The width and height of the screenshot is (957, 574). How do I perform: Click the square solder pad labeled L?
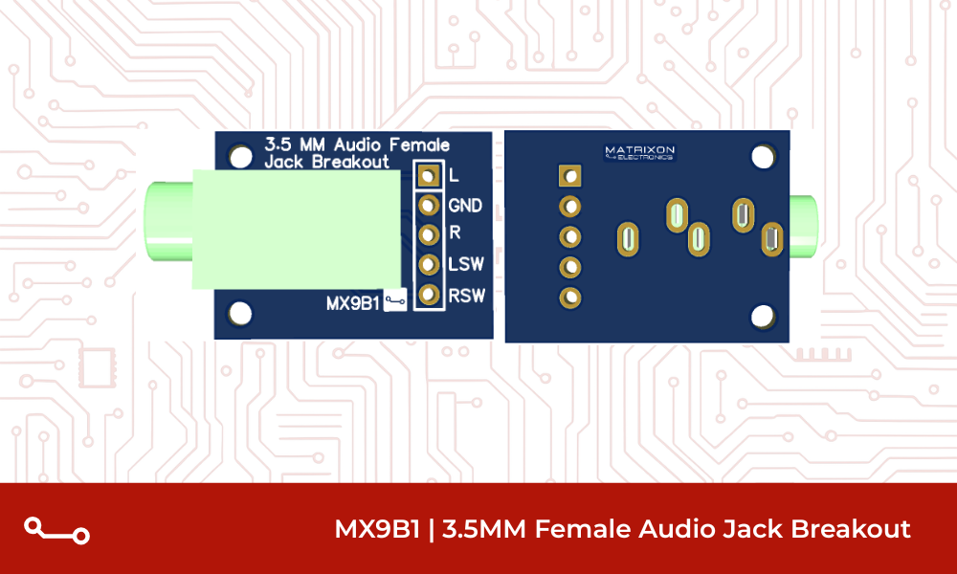click(x=429, y=176)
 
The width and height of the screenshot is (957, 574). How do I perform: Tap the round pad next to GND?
click(x=429, y=205)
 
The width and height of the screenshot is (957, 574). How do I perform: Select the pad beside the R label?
click(x=429, y=234)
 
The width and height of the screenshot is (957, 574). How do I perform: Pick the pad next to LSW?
click(x=429, y=264)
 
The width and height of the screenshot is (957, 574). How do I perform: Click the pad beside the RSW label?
click(x=429, y=295)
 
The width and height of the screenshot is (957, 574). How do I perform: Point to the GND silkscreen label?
click(x=465, y=206)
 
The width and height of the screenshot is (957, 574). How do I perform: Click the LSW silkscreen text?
click(x=466, y=265)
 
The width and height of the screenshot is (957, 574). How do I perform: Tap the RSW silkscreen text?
click(x=467, y=296)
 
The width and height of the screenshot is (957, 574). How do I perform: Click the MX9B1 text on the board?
click(x=352, y=303)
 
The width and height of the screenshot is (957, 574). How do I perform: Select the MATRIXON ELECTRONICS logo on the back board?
click(x=639, y=153)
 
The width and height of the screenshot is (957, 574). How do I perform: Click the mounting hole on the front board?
click(x=240, y=313)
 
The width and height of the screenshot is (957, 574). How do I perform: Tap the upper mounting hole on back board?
click(x=763, y=155)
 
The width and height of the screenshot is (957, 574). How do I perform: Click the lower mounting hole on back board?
click(x=763, y=316)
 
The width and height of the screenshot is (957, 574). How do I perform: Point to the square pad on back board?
click(x=570, y=175)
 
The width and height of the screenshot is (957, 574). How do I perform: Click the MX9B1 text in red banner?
click(x=377, y=529)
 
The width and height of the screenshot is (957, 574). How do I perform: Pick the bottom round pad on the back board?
click(x=570, y=298)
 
